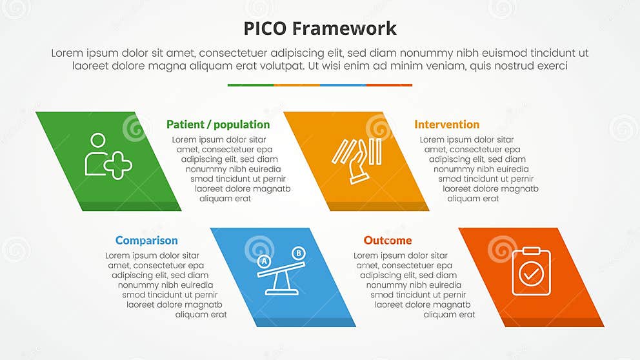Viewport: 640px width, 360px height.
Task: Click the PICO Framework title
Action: pos(320,28)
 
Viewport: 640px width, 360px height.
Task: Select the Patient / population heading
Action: pos(218,125)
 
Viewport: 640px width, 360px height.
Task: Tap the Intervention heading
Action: pos(446,125)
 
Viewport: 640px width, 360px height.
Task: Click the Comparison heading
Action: pos(146,241)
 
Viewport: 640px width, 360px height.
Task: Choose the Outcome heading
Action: pos(387,241)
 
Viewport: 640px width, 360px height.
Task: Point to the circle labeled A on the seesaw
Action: pos(263,261)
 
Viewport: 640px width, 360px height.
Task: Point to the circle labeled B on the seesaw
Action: pos(298,253)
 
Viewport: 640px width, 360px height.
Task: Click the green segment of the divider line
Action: pos(250,85)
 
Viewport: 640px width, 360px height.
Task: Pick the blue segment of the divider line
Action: pos(343,85)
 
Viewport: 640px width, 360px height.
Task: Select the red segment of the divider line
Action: pos(389,85)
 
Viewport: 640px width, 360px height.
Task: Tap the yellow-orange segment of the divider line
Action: pos(297,85)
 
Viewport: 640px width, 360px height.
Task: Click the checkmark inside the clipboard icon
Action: pos(531,275)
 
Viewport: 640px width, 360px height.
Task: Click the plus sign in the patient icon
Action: pos(118,166)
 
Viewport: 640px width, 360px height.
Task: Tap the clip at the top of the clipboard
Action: pos(531,250)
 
